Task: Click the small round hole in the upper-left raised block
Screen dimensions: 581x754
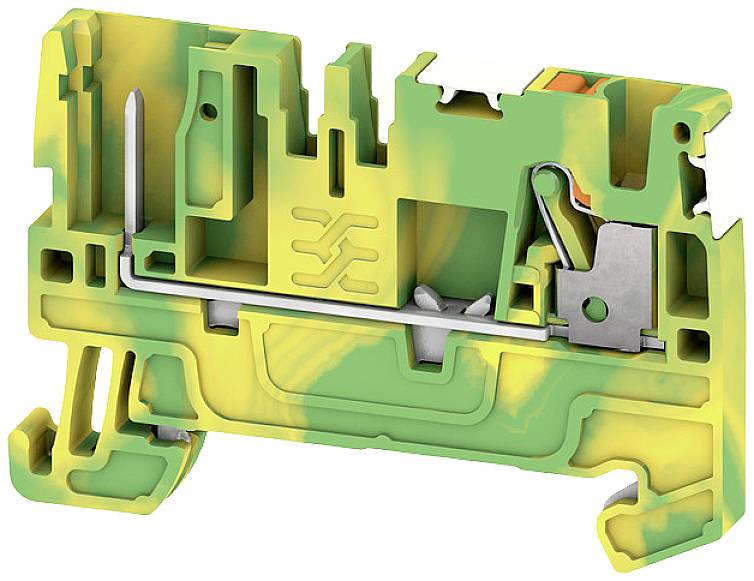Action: [x=210, y=107]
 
